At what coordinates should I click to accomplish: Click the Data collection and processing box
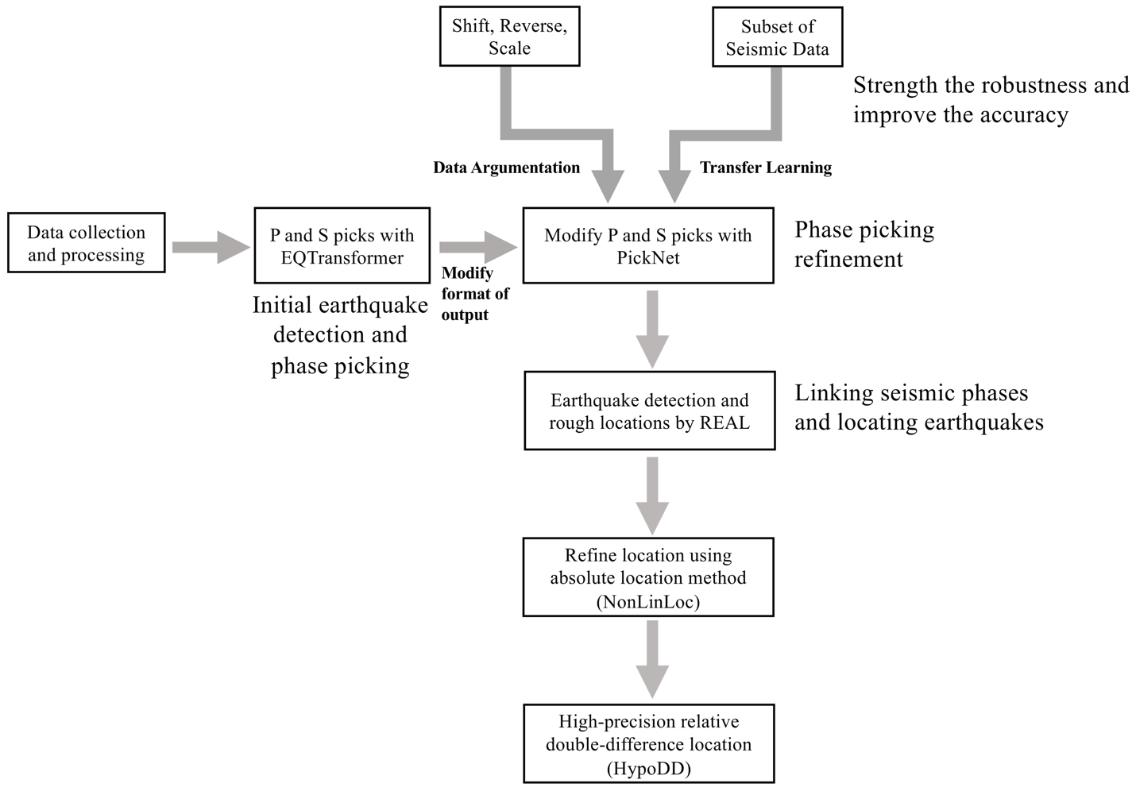tap(87, 243)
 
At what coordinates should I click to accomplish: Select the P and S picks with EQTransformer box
tap(342, 246)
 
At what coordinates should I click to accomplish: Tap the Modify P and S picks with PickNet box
tap(647, 246)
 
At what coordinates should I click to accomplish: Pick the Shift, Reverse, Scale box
tap(509, 37)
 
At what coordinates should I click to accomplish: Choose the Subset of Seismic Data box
tap(777, 37)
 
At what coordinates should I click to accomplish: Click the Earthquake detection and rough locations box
tap(649, 411)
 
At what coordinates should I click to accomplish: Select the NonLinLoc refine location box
tap(647, 577)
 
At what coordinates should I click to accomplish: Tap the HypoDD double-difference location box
tap(648, 744)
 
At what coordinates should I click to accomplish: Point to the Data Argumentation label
tap(506, 168)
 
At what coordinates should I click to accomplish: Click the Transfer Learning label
tap(766, 168)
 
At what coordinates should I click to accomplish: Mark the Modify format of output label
tap(474, 294)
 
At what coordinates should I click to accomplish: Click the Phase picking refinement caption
tap(864, 244)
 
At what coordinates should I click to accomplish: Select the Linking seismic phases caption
tap(918, 407)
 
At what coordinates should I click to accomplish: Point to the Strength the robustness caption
tap(991, 99)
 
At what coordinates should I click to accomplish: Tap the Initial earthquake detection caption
tap(340, 335)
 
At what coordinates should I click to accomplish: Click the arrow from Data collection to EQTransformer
tap(209, 247)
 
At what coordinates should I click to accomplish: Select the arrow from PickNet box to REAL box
tap(652, 328)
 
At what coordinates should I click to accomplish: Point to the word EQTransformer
tap(342, 258)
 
